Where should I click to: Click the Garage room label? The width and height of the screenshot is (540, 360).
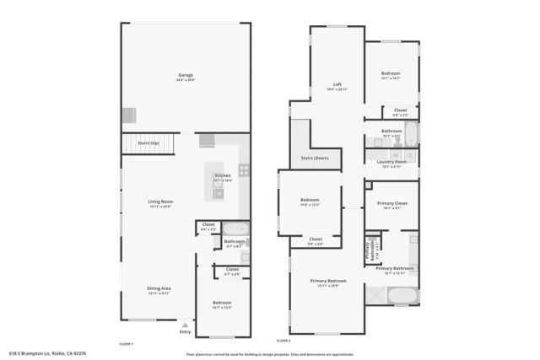(185, 76)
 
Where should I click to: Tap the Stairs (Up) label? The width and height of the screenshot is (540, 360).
(148, 143)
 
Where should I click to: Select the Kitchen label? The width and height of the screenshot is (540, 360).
(222, 175)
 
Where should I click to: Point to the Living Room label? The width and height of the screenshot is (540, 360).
(160, 201)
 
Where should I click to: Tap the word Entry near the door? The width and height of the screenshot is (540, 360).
(186, 331)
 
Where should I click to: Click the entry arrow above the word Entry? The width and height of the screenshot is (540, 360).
(186, 323)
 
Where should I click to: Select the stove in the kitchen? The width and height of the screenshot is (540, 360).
(243, 169)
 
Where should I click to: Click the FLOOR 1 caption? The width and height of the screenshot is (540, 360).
(127, 343)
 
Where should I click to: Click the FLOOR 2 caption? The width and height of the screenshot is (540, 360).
(284, 341)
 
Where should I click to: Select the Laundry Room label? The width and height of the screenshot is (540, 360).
(391, 164)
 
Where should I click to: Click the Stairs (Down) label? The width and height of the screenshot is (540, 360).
(316, 158)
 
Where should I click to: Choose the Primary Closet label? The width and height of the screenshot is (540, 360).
(391, 204)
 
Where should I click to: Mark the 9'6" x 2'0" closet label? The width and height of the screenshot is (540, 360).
(315, 241)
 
